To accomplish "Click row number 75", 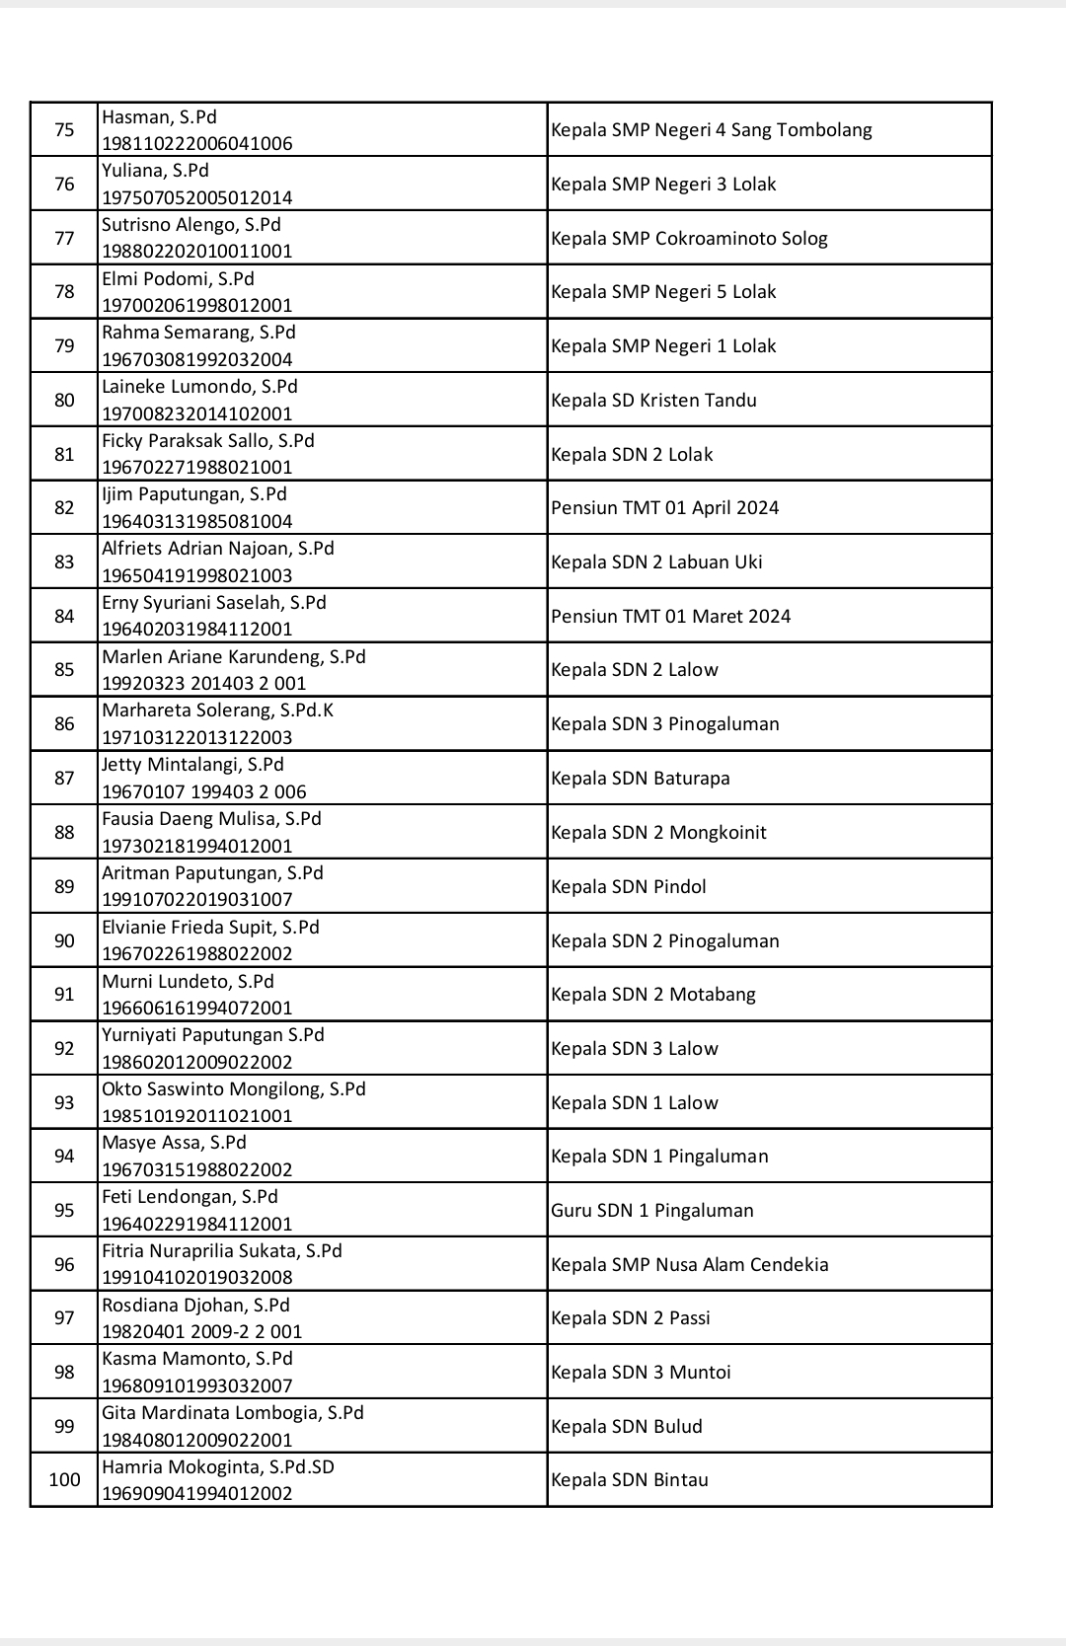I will pyautogui.click(x=64, y=130).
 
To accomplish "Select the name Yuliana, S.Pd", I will pyautogui.click(x=155, y=171).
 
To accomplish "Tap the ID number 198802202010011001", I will pyautogui.click(x=197, y=252).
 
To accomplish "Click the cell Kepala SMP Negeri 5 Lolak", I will pyautogui.click(x=663, y=292).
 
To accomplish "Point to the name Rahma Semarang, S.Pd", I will pyautogui.click(x=198, y=333).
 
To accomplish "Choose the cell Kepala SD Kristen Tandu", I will pyautogui.click(x=653, y=401).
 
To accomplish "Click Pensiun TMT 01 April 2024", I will pyautogui.click(x=664, y=508).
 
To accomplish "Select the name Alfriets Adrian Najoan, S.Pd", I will pyautogui.click(x=218, y=549).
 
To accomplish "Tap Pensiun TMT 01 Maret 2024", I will pyautogui.click(x=670, y=617).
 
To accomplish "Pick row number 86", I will pyautogui.click(x=64, y=724).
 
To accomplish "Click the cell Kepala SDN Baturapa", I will pyautogui.click(x=640, y=779).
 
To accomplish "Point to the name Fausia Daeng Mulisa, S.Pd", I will pyautogui.click(x=211, y=819).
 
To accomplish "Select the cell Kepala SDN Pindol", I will pyautogui.click(x=628, y=887).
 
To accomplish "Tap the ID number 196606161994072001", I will pyautogui.click(x=197, y=1009).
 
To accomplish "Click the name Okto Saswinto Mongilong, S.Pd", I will pyautogui.click(x=234, y=1089).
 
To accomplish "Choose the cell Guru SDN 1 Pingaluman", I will pyautogui.click(x=651, y=1211).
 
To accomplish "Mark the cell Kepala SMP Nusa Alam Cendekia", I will pyautogui.click(x=689, y=1265).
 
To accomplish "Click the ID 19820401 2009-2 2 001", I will pyautogui.click(x=202, y=1332).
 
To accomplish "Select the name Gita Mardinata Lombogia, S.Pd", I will pyautogui.click(x=233, y=1413).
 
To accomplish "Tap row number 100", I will pyautogui.click(x=64, y=1480).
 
